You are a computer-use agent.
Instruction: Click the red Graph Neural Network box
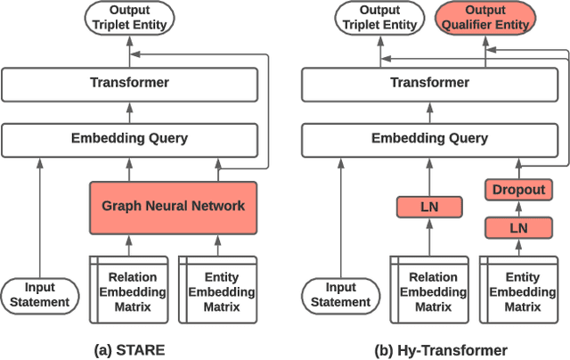[173, 206]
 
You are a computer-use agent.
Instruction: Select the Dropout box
[518, 190]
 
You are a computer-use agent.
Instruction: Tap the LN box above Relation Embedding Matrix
[430, 208]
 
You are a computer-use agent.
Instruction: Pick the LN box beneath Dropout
[518, 229]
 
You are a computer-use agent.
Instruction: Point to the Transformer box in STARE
[129, 83]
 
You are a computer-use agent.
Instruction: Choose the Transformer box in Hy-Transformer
[429, 83]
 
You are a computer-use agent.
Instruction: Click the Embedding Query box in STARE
[129, 138]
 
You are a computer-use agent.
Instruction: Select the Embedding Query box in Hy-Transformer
[429, 138]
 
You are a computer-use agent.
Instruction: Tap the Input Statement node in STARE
[38, 295]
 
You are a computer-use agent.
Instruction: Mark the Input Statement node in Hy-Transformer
[339, 295]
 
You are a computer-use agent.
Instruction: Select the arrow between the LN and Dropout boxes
[518, 210]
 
